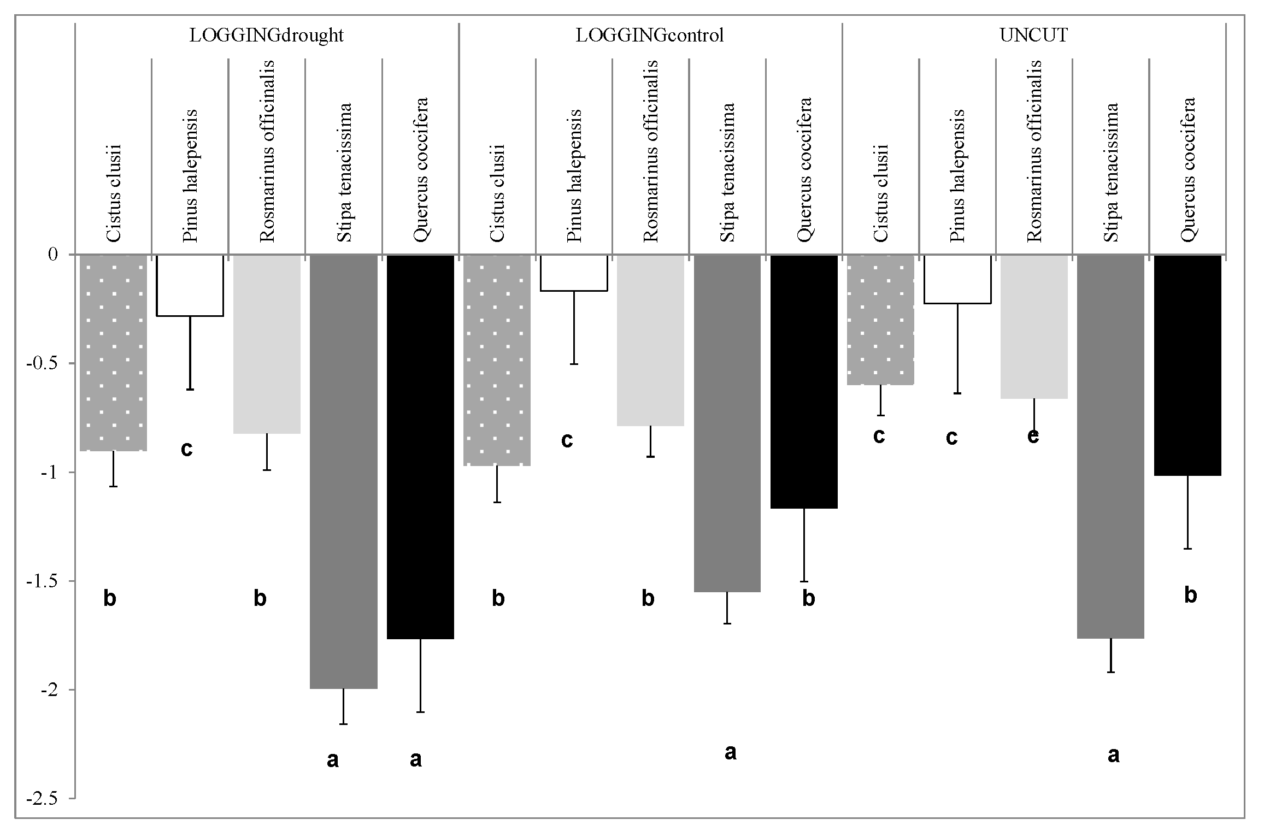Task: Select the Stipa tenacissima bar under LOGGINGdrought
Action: tap(343, 471)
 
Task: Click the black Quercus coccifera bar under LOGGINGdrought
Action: tap(420, 446)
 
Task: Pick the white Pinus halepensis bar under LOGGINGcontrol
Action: tap(574, 273)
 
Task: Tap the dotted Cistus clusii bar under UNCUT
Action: tap(880, 320)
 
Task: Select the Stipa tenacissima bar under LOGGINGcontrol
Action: tap(727, 423)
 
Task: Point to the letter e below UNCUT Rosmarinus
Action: tap(1033, 436)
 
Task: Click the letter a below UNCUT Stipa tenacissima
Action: tap(1113, 756)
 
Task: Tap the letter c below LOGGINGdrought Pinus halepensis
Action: tap(187, 449)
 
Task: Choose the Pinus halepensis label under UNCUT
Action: tap(957, 176)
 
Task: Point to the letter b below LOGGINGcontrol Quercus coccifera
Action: tap(808, 599)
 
